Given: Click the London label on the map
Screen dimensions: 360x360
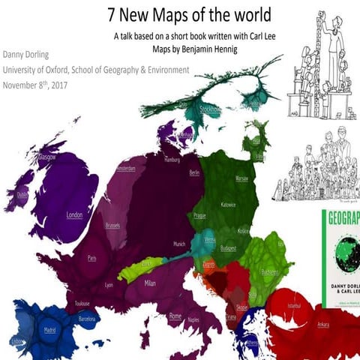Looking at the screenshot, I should point(73,215).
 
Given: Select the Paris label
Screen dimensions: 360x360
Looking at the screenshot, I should point(91,257).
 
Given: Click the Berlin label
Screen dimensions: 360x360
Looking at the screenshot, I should point(195,172).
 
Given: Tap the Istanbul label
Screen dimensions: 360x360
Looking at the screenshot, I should point(295,307).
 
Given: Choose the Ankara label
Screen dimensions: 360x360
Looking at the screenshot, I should point(323,324).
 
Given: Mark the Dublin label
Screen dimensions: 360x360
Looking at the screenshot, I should point(22,194).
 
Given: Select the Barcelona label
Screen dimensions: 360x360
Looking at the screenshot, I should point(88,318).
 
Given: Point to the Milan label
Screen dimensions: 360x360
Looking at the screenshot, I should point(150,283).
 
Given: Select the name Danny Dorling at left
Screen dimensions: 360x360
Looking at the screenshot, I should point(28,55).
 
